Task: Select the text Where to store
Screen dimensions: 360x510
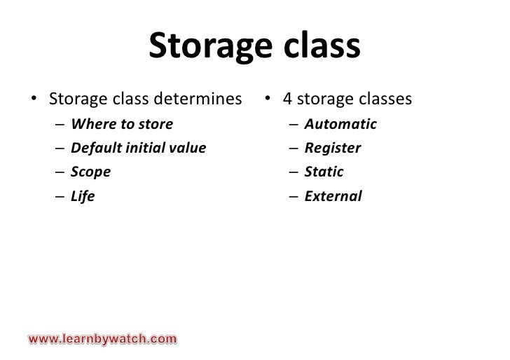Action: (x=122, y=125)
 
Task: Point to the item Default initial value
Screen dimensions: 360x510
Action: (x=139, y=148)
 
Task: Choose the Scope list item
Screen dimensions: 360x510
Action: (x=91, y=172)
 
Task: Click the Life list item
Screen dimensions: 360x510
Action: (x=83, y=196)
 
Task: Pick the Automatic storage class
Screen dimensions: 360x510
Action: (x=340, y=125)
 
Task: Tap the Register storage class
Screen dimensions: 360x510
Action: (x=333, y=148)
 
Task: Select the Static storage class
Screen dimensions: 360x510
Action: (x=324, y=172)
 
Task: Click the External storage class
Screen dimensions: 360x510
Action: (x=333, y=196)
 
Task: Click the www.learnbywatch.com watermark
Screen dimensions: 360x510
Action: (x=102, y=340)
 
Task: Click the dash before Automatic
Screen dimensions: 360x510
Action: (x=296, y=125)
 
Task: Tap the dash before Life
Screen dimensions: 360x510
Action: (x=63, y=197)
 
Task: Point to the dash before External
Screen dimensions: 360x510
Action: (x=296, y=197)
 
